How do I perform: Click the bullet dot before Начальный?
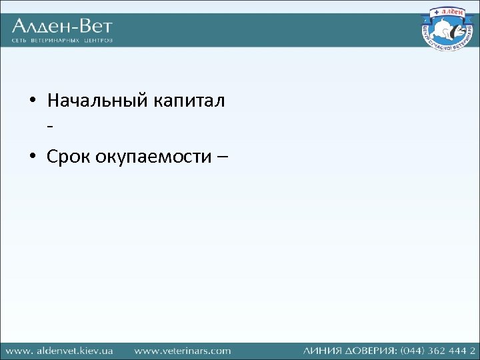[x=32, y=103]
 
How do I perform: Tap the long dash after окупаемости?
[x=221, y=157]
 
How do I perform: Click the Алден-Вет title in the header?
[x=62, y=27]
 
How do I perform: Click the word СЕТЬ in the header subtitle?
[x=19, y=41]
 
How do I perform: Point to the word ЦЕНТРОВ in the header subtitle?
[x=98, y=41]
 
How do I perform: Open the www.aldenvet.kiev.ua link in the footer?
[x=59, y=350]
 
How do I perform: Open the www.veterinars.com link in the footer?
[x=182, y=350]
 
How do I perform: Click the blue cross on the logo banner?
[x=434, y=11]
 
